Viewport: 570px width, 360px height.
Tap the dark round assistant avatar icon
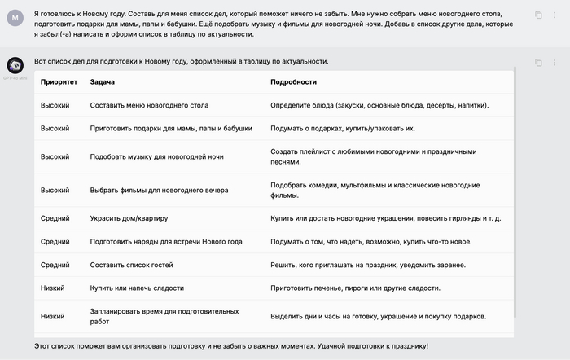click(15, 64)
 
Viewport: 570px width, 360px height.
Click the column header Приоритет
click(59, 82)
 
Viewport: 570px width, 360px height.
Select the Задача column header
click(103, 82)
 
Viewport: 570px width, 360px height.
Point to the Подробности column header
click(293, 82)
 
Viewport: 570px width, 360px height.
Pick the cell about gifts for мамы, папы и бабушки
click(171, 128)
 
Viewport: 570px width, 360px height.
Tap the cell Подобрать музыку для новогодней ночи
click(156, 156)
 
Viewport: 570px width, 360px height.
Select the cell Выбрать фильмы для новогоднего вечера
click(159, 190)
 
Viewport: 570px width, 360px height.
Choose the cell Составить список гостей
click(131, 265)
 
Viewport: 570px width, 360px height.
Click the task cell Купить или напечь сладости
click(137, 288)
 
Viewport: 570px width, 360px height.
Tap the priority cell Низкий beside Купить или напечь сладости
click(55, 288)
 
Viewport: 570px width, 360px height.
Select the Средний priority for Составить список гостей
click(55, 265)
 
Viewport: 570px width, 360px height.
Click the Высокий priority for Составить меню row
click(55, 106)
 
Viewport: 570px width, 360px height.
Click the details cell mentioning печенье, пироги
click(355, 288)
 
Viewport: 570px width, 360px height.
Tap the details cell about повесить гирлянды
click(385, 218)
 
